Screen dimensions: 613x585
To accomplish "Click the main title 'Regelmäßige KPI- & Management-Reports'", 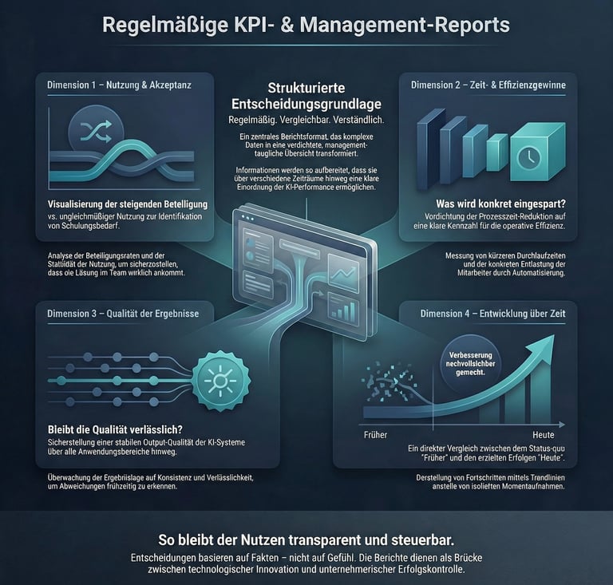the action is pyautogui.click(x=306, y=25).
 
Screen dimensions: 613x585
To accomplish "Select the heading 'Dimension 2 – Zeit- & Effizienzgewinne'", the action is pyautogui.click(x=488, y=84).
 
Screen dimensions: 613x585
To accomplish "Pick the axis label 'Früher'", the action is pyautogui.click(x=374, y=435).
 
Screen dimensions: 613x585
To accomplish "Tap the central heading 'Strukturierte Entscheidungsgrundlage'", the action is pyautogui.click(x=306, y=97).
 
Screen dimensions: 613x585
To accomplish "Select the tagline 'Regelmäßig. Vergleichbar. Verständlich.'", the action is pyautogui.click(x=306, y=120).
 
